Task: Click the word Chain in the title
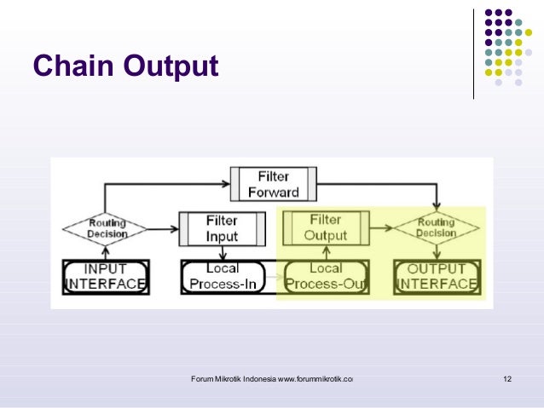click(71, 65)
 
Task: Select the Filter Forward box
click(273, 183)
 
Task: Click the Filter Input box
click(222, 227)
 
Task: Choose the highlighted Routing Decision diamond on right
click(436, 228)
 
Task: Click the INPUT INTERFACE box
click(106, 276)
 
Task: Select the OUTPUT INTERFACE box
click(436, 276)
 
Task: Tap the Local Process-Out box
click(327, 276)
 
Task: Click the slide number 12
click(507, 378)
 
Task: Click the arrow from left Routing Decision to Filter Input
click(162, 228)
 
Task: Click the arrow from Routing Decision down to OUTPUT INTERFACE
click(436, 252)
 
